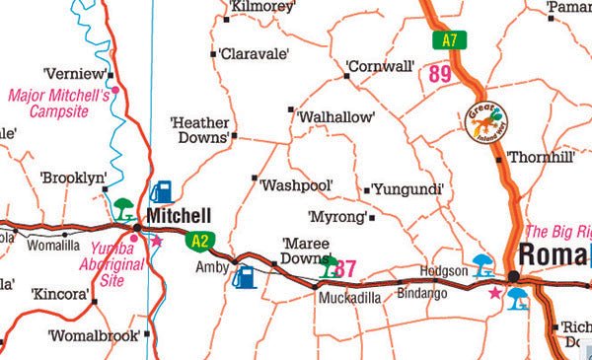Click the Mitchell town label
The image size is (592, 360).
178,215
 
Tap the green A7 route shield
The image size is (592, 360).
450,40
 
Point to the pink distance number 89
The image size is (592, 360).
440,73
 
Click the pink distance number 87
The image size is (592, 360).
345,267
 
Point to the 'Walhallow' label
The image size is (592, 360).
335,116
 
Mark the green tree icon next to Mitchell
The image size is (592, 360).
124,208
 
